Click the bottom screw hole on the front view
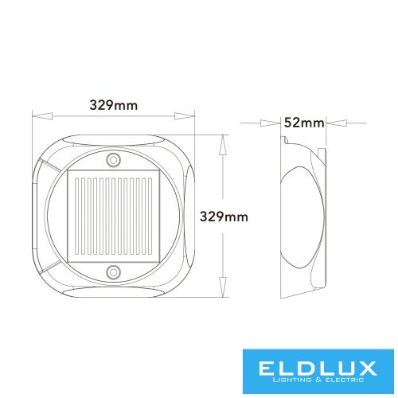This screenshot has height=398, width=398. tap(113, 273)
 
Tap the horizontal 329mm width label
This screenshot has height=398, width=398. tap(112, 104)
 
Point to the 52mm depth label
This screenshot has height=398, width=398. tap(303, 123)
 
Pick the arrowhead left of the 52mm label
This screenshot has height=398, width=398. tap(278, 123)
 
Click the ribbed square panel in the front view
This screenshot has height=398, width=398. tap(112, 217)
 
